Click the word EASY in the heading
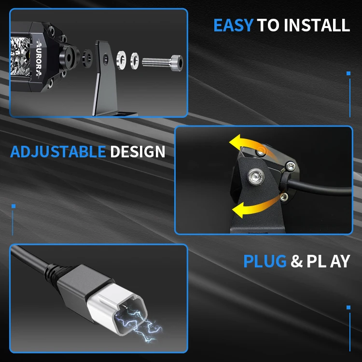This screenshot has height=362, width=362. point(233,25)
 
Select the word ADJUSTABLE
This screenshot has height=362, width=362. point(57,152)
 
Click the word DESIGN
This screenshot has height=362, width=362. point(138,152)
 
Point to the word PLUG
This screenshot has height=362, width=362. point(265,261)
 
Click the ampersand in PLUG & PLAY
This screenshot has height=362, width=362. point(296,262)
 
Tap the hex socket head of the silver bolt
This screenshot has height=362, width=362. point(177,62)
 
